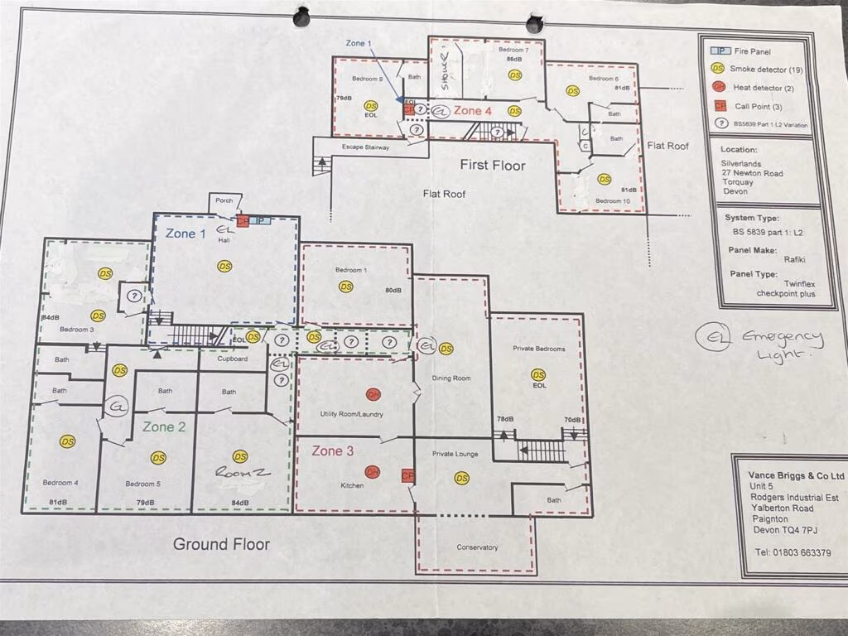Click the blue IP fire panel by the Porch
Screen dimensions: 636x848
coord(260,221)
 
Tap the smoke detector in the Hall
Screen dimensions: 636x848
coord(224,266)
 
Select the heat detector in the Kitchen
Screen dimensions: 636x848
coord(373,471)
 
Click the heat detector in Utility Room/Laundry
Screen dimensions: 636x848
coord(373,395)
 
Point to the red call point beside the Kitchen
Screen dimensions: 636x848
coord(407,476)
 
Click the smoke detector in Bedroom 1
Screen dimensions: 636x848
coord(345,287)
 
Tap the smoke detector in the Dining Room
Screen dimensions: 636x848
coord(446,349)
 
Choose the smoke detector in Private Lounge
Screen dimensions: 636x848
coord(461,478)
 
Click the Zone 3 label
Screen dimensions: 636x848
coord(332,451)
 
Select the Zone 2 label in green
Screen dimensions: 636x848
coord(164,427)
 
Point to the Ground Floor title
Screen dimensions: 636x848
coord(221,544)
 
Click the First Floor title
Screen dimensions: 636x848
coord(493,166)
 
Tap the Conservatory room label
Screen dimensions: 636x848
coord(477,547)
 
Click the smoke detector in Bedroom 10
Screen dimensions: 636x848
coord(604,179)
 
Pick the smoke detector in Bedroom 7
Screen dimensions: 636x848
coord(514,75)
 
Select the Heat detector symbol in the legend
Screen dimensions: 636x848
coord(720,88)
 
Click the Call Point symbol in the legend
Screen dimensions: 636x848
coord(720,106)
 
